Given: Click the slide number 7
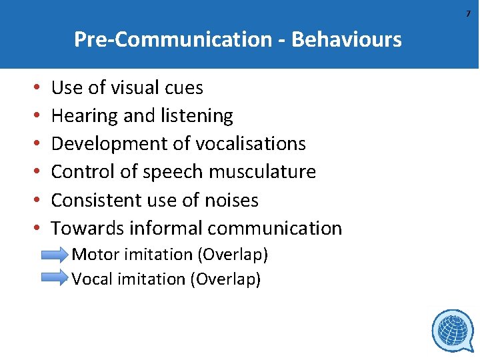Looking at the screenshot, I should tap(468, 14).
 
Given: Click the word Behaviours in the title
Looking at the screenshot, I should tap(347, 40).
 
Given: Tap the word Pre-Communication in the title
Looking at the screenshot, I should tap(172, 40).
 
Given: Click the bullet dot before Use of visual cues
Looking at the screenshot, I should tap(34, 88).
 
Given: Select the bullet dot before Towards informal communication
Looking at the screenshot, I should tap(34, 229).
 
